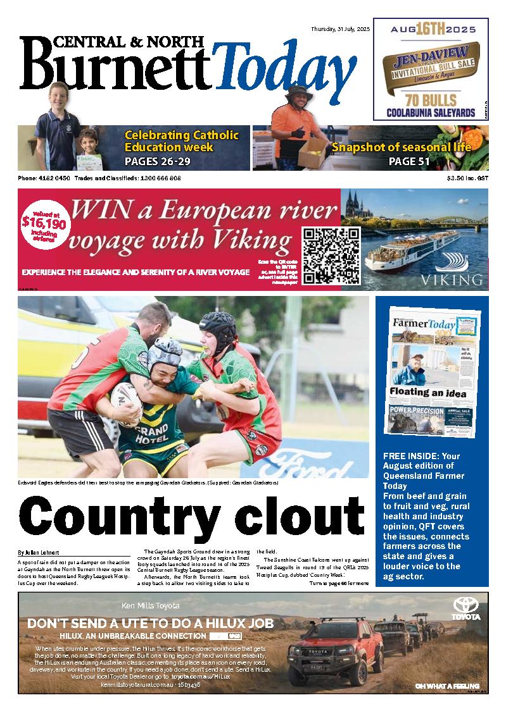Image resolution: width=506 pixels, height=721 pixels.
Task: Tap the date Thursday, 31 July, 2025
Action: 340,29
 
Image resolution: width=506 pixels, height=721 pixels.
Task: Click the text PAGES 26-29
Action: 158,161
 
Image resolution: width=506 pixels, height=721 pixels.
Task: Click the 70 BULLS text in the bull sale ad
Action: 430,100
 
